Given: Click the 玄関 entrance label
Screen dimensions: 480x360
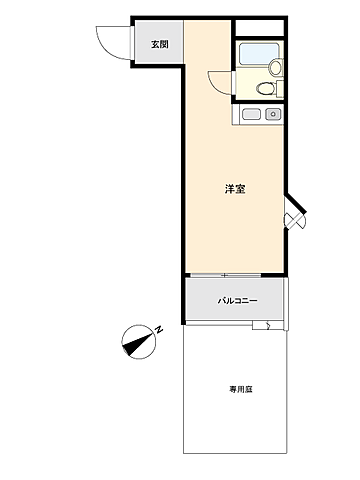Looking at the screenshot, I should (160, 44).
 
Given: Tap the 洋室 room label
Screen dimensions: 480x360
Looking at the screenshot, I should (237, 188).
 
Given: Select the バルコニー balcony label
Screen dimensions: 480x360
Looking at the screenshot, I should (237, 301).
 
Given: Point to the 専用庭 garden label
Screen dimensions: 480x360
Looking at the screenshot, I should (238, 389).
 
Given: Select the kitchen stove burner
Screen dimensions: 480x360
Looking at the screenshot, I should (272, 114).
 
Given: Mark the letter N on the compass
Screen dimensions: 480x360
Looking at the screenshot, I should (158, 329).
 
